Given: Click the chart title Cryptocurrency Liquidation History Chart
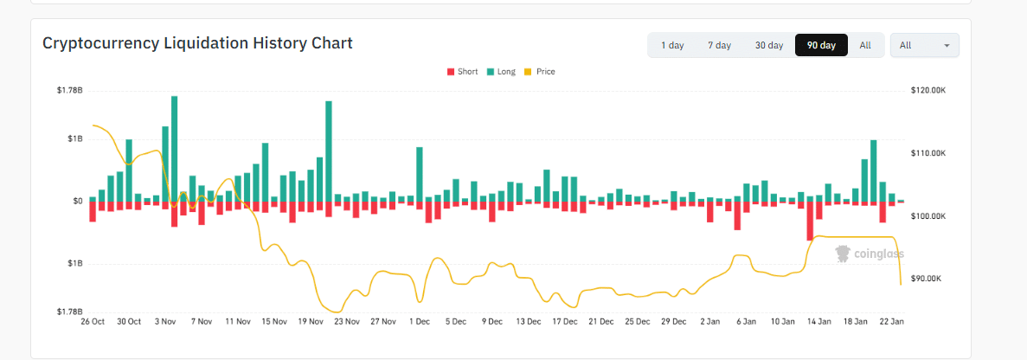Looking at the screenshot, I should [x=197, y=43].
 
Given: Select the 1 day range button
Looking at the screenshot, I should [x=672, y=45].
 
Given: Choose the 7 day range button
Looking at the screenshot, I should [x=719, y=45].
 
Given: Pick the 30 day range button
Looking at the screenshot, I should [x=768, y=45].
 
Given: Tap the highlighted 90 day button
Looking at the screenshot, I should [x=821, y=45].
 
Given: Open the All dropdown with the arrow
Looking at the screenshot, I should [x=924, y=45].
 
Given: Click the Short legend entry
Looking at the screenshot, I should [x=462, y=72].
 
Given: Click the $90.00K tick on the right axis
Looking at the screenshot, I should [x=929, y=279].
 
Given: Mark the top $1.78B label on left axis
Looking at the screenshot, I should [x=69, y=90].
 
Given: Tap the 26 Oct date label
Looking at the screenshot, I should [x=93, y=321].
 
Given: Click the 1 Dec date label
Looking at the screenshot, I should [x=420, y=321].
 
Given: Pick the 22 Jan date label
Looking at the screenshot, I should [x=892, y=321].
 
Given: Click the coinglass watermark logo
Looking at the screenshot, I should [x=870, y=254].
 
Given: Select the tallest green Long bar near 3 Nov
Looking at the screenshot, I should [x=174, y=147].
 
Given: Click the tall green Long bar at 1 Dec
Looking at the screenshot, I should [x=420, y=173].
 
